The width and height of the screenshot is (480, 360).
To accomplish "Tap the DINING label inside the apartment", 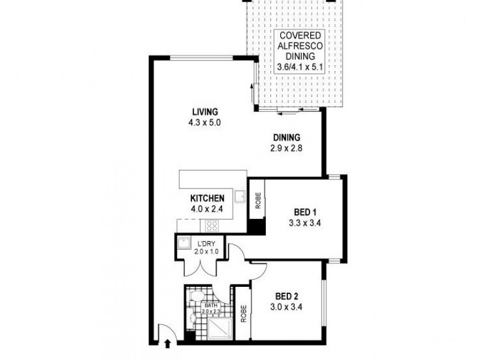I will (x=287, y=136).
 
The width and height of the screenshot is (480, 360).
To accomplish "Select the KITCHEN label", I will (x=207, y=199).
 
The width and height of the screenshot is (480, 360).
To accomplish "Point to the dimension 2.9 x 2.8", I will (x=287, y=146).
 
